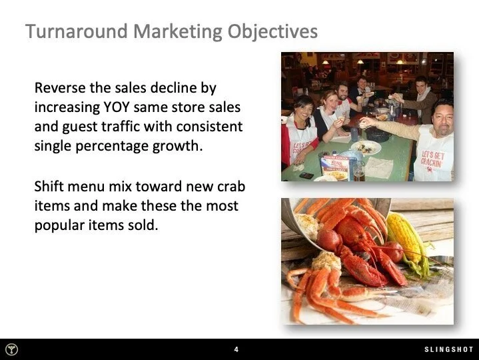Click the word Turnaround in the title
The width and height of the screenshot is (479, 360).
(72, 31)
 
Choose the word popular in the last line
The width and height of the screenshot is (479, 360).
(59, 225)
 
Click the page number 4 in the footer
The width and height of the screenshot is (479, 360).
(237, 349)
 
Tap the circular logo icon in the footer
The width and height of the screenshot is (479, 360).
(12, 349)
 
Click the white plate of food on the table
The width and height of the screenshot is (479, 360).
(366, 147)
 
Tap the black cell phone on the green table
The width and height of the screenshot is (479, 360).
(306, 175)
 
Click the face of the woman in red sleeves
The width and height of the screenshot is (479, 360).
(302, 110)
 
